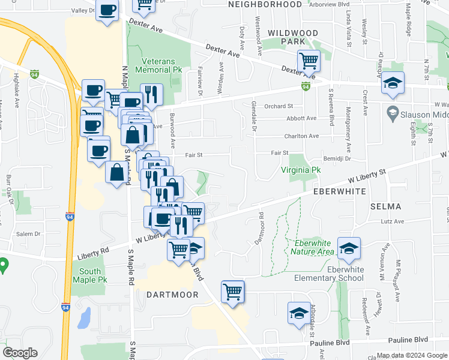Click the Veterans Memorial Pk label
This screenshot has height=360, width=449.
[162, 65]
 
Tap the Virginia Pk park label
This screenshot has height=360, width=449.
[301, 170]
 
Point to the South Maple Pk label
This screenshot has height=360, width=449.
[89, 275]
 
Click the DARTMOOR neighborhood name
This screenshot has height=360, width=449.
[168, 295]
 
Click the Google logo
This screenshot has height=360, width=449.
[20, 353]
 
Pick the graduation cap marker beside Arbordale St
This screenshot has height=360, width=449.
[299, 314]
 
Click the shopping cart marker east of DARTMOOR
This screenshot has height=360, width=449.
[232, 292]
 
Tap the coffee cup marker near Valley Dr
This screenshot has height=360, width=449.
[107, 11]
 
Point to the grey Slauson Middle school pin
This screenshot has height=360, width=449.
[393, 112]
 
